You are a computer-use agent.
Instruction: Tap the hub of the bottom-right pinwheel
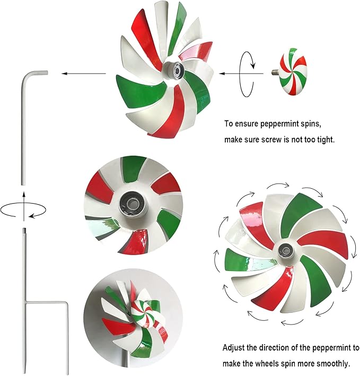click(287, 249)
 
